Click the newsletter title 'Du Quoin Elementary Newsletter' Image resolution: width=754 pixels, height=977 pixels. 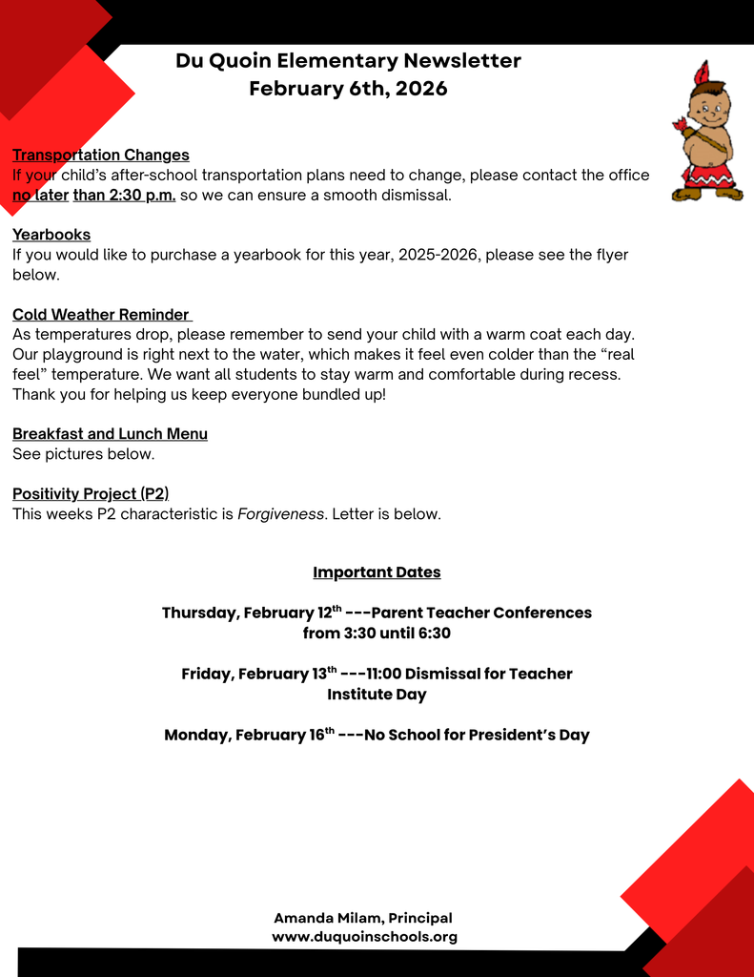click(348, 61)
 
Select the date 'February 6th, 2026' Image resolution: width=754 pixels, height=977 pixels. click(348, 89)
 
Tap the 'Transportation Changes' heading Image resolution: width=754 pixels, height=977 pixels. click(101, 155)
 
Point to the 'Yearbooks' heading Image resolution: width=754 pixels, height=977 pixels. click(51, 235)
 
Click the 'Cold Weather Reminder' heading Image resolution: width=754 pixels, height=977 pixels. click(101, 315)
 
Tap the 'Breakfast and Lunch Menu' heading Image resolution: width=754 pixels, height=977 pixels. click(110, 434)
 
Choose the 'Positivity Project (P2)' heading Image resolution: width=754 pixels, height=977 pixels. click(91, 494)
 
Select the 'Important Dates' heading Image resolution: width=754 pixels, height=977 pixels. click(377, 572)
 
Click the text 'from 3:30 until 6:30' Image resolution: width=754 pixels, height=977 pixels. click(377, 634)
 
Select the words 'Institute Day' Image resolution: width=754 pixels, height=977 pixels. click(377, 695)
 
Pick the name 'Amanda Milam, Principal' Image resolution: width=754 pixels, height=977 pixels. click(363, 918)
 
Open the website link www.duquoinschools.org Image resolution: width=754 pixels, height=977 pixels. click(364, 937)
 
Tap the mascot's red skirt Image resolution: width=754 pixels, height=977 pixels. click(707, 175)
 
